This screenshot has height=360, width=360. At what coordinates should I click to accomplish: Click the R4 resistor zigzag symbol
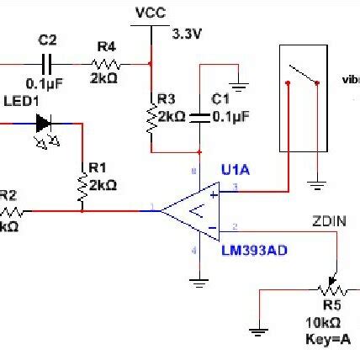click(106, 62)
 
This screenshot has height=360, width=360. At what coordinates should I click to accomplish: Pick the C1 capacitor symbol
click(199, 115)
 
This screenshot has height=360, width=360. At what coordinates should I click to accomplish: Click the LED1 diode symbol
click(44, 124)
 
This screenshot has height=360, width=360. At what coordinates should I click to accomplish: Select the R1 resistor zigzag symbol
click(82, 191)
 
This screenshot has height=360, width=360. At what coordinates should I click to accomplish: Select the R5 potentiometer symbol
click(333, 289)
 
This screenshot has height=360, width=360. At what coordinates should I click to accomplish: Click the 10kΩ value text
click(323, 323)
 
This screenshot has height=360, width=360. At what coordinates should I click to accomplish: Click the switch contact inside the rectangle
click(303, 74)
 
